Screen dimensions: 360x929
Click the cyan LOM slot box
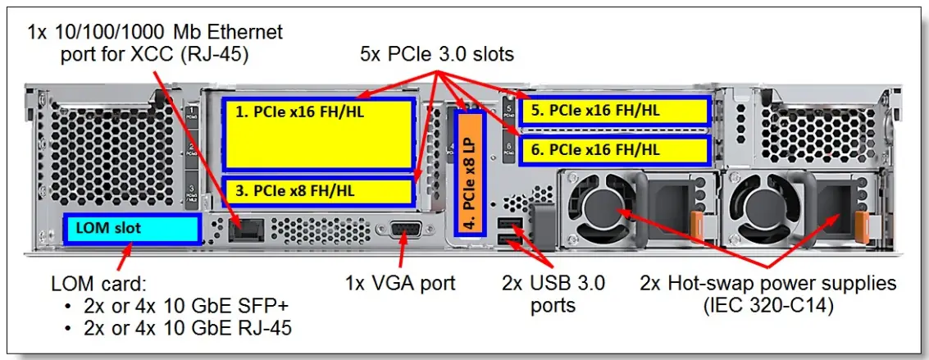(x=132, y=228)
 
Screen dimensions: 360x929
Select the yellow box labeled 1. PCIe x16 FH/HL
(x=317, y=134)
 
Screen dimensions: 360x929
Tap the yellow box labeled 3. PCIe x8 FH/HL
(x=317, y=190)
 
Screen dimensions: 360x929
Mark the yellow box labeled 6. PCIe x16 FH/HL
(x=614, y=150)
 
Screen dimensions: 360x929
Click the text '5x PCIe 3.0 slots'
(x=437, y=55)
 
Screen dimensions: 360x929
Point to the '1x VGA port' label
(x=400, y=284)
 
